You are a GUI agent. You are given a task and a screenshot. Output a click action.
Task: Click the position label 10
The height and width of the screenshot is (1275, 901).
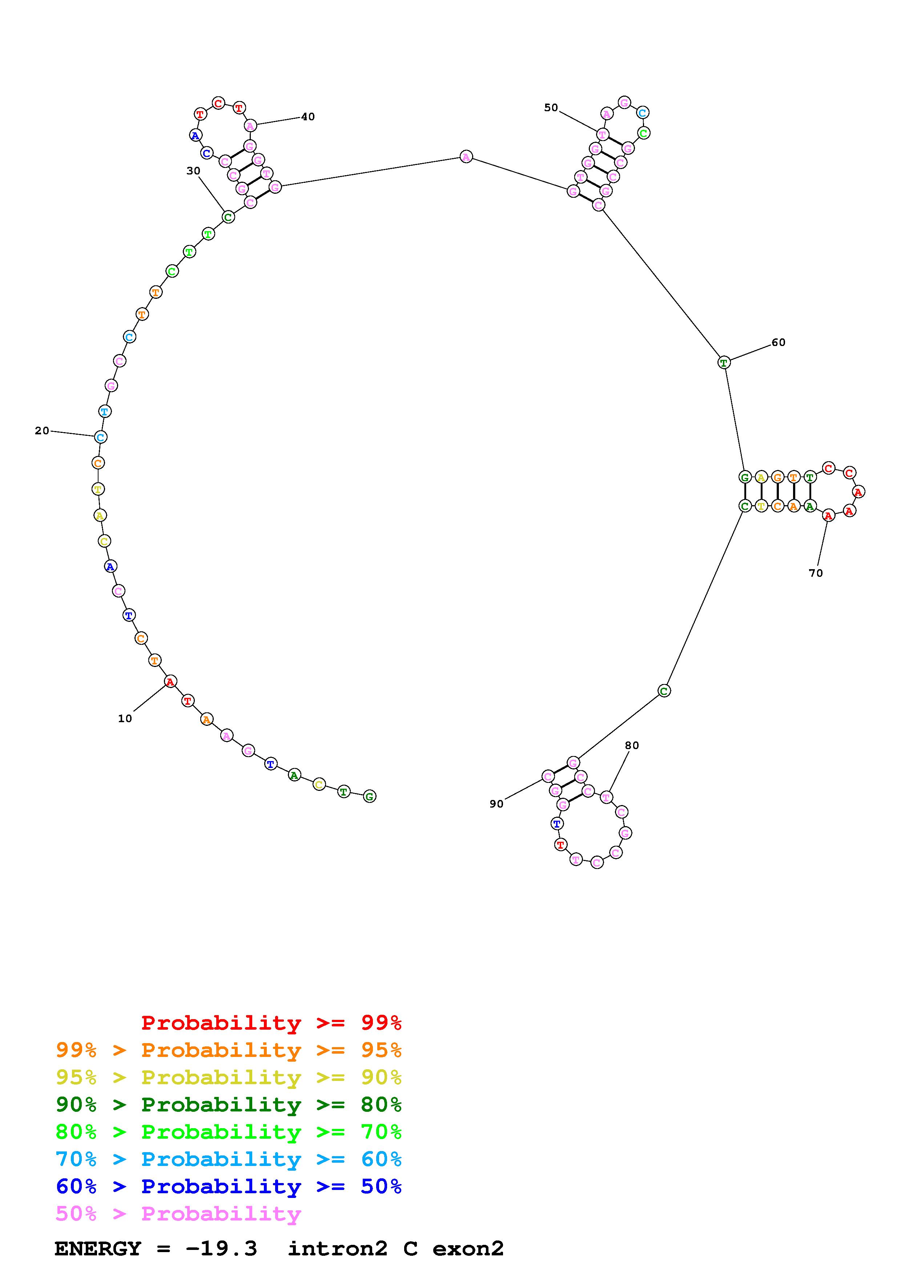(x=125, y=719)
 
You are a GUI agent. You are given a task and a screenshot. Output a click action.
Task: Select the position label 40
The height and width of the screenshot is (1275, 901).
(x=308, y=117)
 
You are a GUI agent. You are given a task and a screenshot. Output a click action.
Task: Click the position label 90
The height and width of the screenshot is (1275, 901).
(x=496, y=804)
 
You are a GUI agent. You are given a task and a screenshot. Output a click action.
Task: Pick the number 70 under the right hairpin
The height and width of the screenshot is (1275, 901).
(x=816, y=573)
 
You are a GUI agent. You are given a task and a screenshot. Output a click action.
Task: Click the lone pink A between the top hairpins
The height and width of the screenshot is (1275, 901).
(x=466, y=157)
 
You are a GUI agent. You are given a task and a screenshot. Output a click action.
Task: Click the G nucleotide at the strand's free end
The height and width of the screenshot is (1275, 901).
(x=369, y=796)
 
